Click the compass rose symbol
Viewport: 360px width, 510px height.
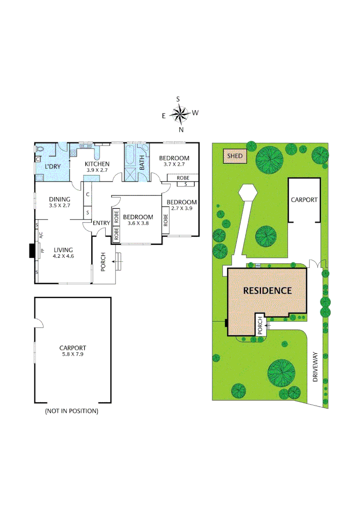(x=179, y=113)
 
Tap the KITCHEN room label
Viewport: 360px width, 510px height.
(x=97, y=164)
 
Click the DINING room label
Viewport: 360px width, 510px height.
(x=59, y=199)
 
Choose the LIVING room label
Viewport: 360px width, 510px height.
(x=64, y=250)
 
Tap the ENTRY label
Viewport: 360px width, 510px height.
(x=101, y=223)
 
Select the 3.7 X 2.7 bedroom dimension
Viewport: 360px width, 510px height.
(x=174, y=164)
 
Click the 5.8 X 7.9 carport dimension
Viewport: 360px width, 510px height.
(x=72, y=353)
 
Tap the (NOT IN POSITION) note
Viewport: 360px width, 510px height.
(x=72, y=411)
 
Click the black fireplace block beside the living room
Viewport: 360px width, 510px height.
(x=32, y=251)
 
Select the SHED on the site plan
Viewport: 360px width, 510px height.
(x=234, y=155)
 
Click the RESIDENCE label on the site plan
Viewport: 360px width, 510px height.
(x=267, y=290)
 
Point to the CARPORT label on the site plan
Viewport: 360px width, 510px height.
(x=304, y=200)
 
